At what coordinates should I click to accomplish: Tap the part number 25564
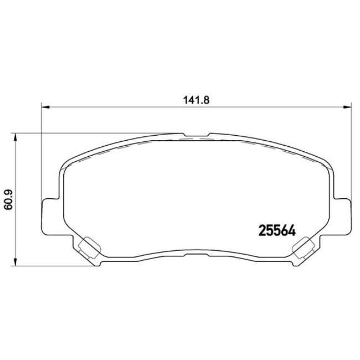point(276,229)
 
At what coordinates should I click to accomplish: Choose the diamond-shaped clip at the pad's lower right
point(303,247)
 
